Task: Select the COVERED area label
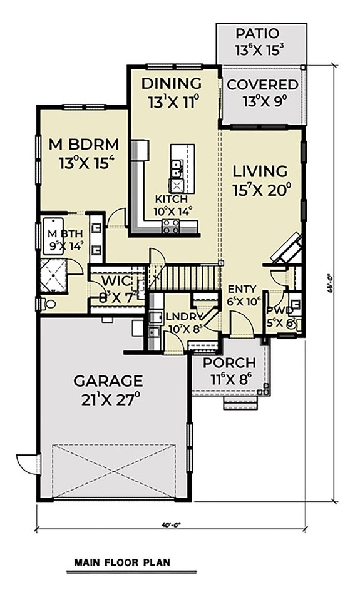[x=262, y=84]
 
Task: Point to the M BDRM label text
[x=83, y=145]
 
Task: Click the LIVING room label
[x=260, y=171]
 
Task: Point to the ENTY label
[x=240, y=289]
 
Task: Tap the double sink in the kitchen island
[x=177, y=166]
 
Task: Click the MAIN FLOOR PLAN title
[x=121, y=563]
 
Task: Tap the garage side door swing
[x=28, y=463]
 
